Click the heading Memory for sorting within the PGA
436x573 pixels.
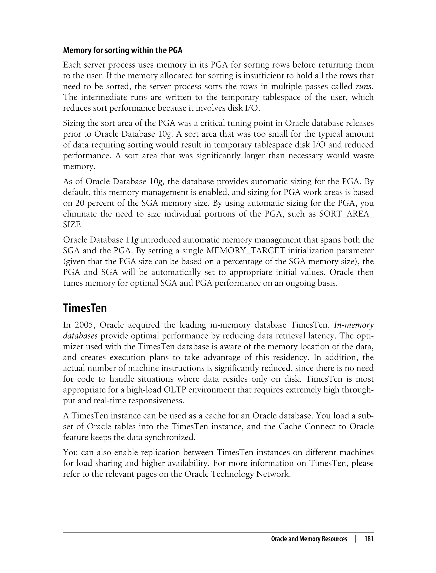pyautogui.click(x=122, y=50)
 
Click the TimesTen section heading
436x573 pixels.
pyautogui.click(x=85, y=308)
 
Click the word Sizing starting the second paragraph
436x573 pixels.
pyautogui.click(x=73, y=123)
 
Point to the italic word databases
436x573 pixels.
pyautogui.click(x=80, y=336)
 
